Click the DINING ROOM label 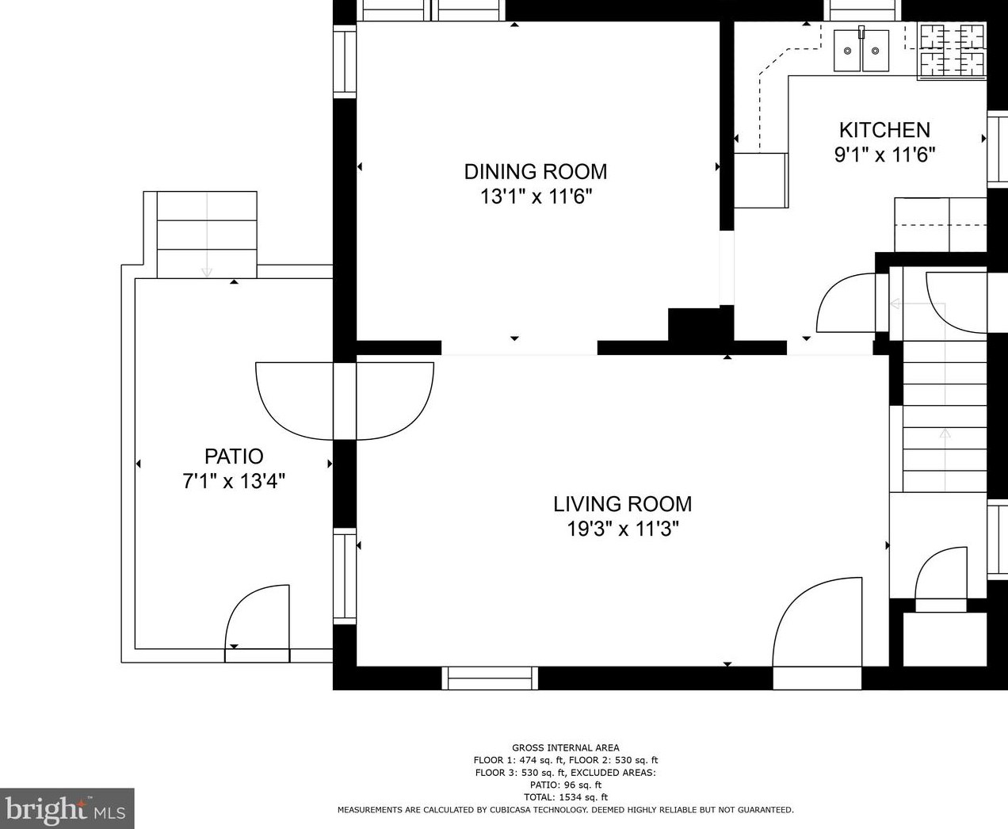(536, 172)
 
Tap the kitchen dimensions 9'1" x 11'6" (884, 155)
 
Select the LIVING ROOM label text (622, 504)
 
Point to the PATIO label (234, 456)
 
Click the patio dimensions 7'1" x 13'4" (234, 481)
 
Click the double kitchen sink (861, 51)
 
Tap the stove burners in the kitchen (952, 51)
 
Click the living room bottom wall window (490, 678)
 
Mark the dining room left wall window (345, 62)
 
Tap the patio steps (207, 235)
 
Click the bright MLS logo (66, 808)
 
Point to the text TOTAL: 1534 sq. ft (566, 797)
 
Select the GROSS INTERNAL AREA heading (566, 747)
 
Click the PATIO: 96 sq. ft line (566, 785)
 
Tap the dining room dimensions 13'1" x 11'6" (536, 197)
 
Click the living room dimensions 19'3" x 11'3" (622, 529)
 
